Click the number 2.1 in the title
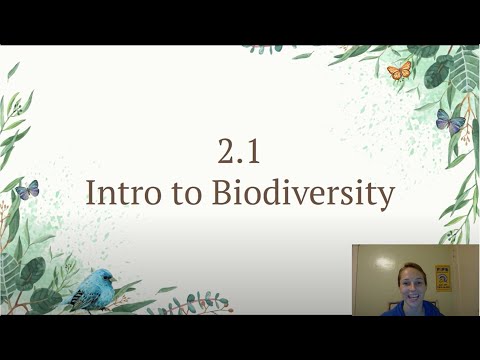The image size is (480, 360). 240,153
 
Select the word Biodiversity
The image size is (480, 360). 303,193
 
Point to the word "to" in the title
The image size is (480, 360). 185,193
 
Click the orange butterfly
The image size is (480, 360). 399,70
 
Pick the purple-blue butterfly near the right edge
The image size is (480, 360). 451,121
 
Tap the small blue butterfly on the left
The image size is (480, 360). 26,189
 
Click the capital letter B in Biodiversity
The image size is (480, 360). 222,192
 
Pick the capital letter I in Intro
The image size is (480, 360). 91,192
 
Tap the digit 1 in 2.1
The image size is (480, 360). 254,153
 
